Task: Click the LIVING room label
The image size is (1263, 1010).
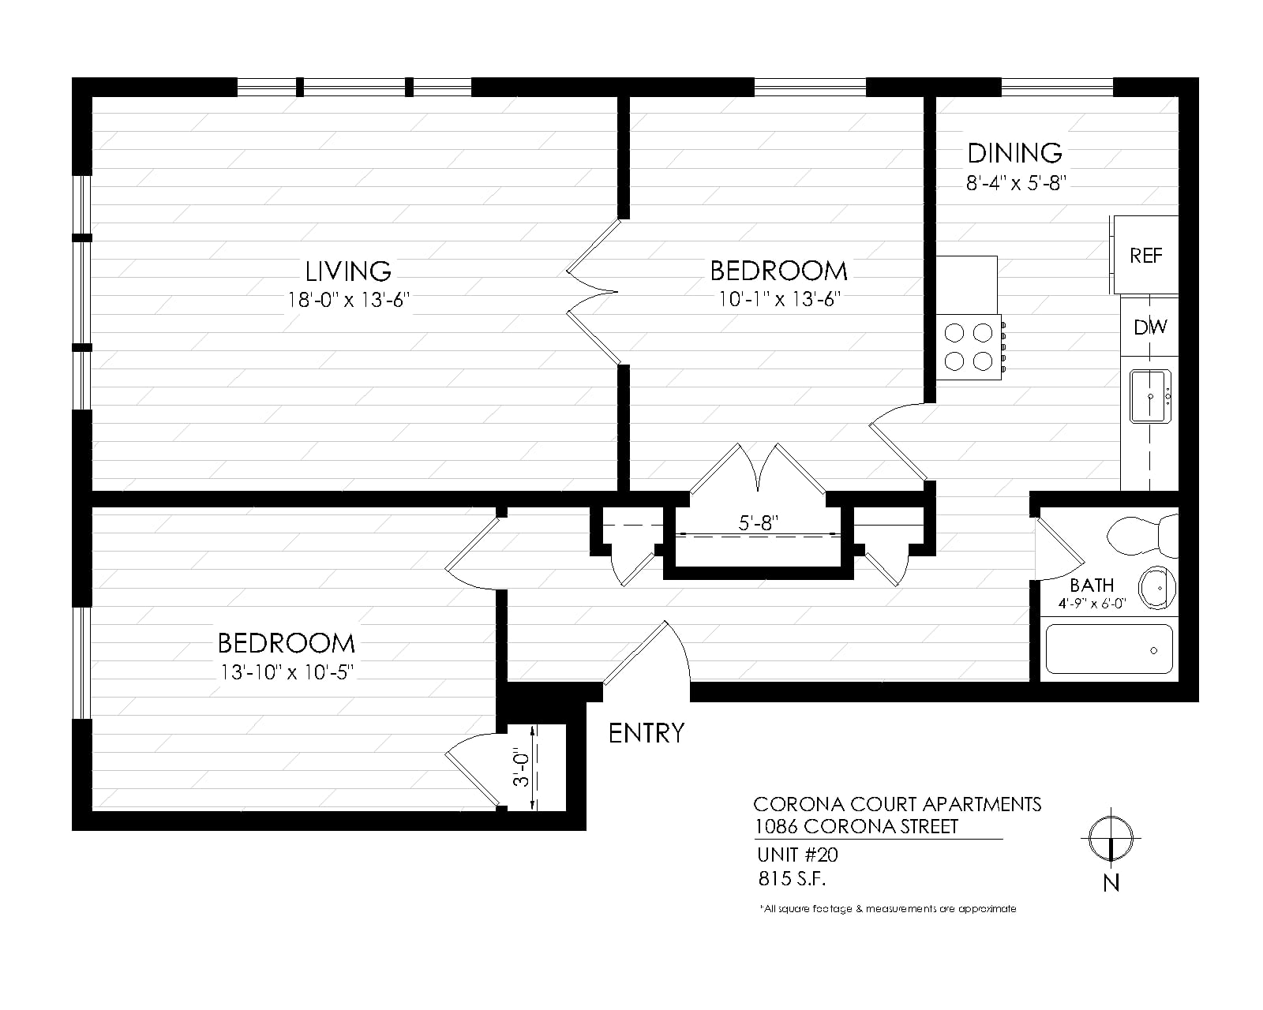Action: coord(348,271)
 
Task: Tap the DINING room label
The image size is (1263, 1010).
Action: coord(1015,153)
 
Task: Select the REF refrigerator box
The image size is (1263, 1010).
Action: coord(1145,255)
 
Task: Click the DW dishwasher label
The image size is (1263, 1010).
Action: coord(1150,327)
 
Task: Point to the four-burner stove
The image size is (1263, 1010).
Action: coord(969,347)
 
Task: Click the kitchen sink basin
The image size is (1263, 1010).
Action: coord(1150,396)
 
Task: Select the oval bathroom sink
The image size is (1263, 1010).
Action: coord(1157,587)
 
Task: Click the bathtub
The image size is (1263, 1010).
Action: coord(1109,649)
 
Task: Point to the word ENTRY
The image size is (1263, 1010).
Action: coord(646,734)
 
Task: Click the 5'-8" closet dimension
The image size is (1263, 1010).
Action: coord(759,522)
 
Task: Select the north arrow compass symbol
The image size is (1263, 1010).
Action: coord(1111,838)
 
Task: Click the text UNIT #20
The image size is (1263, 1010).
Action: coord(797,855)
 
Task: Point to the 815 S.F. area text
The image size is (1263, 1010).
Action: coord(792,878)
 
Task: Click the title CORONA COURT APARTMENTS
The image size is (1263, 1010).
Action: coord(898,804)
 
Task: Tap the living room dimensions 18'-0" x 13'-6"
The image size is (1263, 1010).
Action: coord(348,300)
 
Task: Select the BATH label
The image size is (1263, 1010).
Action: coord(1092,585)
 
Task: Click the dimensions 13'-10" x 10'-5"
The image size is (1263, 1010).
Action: coord(287,672)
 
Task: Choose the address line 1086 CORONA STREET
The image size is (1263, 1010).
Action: coord(856,827)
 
